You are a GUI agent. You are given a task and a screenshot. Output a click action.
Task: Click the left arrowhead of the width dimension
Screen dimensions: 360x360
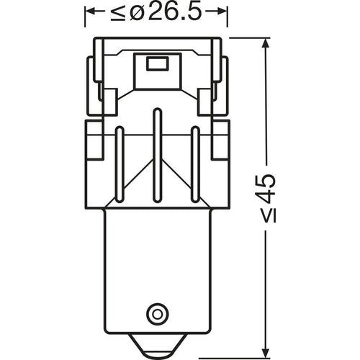tap(90, 13)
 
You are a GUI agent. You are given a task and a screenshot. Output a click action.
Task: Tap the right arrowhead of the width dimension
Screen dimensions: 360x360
tap(223, 13)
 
